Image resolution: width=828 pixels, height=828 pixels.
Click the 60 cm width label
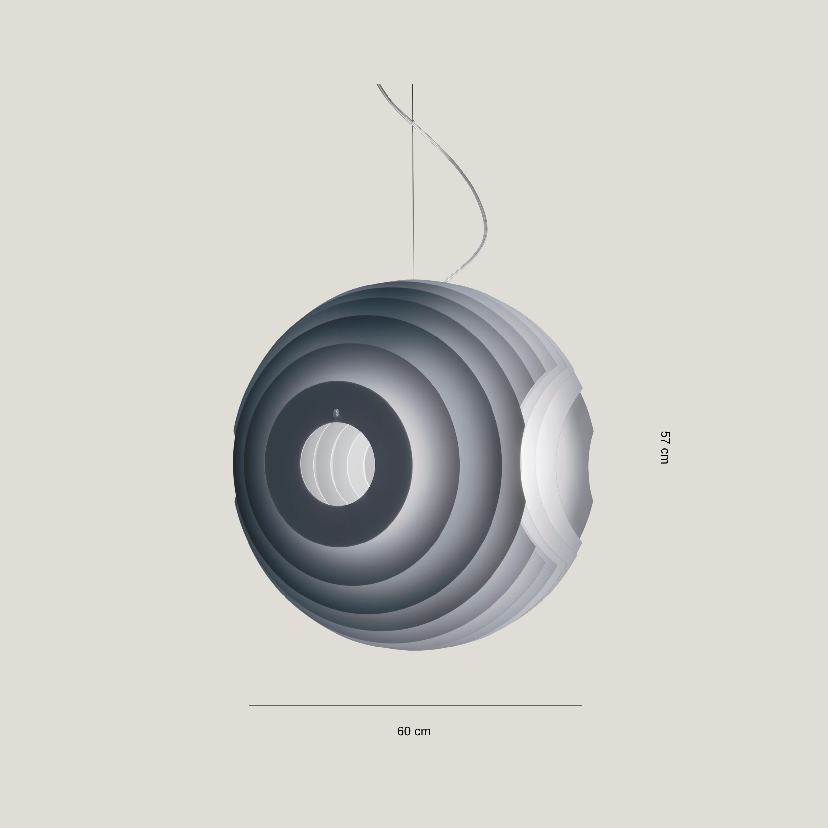414,731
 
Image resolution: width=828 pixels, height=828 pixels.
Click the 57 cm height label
664,447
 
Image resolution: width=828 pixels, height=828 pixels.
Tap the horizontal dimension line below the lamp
415,705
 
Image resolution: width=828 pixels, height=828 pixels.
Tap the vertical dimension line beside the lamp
644,437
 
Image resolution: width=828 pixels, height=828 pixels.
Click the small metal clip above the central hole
336,413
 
